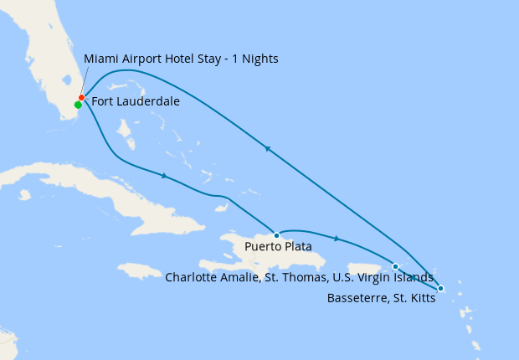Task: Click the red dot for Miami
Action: coord(81,98)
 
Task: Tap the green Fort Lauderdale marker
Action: coord(78,105)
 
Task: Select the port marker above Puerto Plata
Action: coord(276,235)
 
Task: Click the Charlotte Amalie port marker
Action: coord(395,266)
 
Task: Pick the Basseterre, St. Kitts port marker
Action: coord(441,289)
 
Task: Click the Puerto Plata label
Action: coord(278,248)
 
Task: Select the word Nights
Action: coord(259,59)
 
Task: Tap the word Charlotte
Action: coord(193,277)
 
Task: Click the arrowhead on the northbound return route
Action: coord(267,149)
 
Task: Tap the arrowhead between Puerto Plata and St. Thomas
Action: coord(337,239)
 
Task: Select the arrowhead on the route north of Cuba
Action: coord(165,176)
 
